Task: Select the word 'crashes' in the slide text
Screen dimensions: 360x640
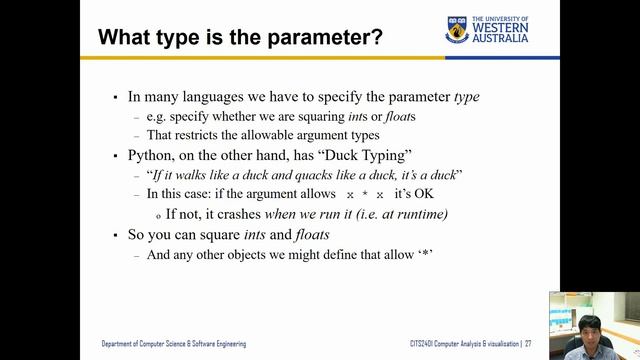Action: (x=236, y=214)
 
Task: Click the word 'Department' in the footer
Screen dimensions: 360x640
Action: (x=122, y=344)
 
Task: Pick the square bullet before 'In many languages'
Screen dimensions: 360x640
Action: (x=116, y=98)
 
